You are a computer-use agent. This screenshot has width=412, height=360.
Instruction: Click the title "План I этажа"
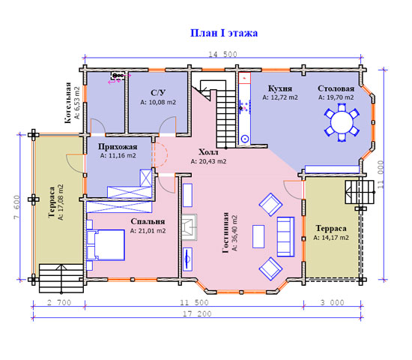pos(224,33)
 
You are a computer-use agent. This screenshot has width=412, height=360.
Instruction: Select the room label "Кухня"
pos(280,88)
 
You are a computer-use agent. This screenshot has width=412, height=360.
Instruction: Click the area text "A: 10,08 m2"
pos(158,102)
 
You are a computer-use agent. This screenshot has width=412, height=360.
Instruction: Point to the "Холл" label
pos(208,152)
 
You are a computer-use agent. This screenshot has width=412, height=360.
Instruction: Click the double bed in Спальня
pos(106,245)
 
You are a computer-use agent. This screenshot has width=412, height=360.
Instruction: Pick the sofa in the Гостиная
pos(285,236)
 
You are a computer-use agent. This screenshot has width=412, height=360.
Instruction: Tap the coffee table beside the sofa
pos(258,236)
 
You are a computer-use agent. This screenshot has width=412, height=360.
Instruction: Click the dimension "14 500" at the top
pos(222,54)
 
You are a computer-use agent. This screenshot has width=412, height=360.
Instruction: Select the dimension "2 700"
pos(59,303)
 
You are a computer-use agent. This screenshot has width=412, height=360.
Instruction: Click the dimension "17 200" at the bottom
pos(197,313)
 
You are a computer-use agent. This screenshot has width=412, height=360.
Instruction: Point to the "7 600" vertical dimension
pos(16,207)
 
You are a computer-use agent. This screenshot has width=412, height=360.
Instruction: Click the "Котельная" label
pos(67,103)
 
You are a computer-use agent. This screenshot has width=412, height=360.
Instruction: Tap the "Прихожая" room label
pos(118,146)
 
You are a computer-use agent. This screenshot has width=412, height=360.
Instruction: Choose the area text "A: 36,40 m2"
pos(234,233)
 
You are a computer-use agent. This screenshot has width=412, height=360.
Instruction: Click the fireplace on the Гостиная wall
pos(190,227)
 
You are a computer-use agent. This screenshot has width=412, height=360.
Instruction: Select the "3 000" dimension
pos(332,303)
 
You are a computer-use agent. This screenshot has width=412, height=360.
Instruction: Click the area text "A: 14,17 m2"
pos(331,238)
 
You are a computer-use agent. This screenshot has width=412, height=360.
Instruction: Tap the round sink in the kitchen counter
pos(245,139)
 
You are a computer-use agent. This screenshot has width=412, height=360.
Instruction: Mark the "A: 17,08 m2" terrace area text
pos(61,202)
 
